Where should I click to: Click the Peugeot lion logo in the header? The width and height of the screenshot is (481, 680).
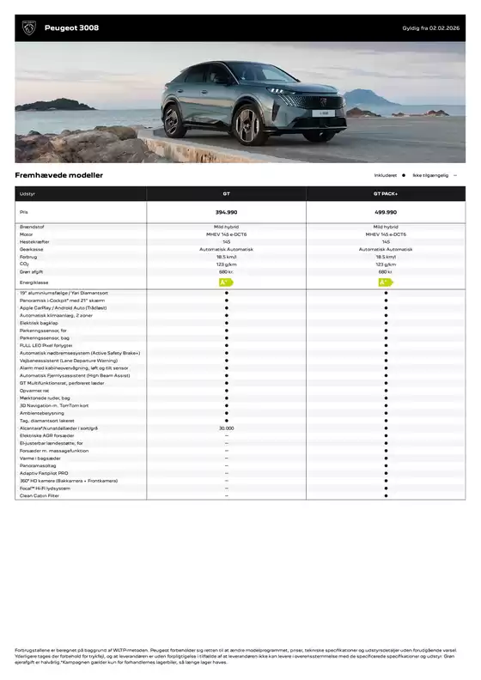[27, 28]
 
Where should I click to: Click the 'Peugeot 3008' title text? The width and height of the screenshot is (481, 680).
[71, 28]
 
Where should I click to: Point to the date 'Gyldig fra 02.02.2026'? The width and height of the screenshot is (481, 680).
[434, 28]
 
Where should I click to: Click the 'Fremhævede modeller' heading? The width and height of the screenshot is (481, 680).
[58, 175]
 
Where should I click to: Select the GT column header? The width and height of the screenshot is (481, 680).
[226, 194]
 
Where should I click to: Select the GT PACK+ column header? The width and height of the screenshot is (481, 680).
[386, 194]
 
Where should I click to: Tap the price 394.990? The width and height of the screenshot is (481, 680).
[226, 211]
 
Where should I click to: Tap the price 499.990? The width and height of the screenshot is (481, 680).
[386, 211]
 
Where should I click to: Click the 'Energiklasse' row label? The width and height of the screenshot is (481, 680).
[34, 282]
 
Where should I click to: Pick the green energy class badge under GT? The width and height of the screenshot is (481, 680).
[226, 282]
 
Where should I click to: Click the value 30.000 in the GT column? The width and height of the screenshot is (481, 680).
[226, 428]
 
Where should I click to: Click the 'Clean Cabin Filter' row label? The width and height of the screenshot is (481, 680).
[40, 495]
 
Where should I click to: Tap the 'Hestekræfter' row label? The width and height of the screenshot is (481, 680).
[35, 241]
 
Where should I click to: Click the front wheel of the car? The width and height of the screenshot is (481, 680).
[247, 126]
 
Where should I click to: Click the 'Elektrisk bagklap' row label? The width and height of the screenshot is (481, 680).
[40, 323]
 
